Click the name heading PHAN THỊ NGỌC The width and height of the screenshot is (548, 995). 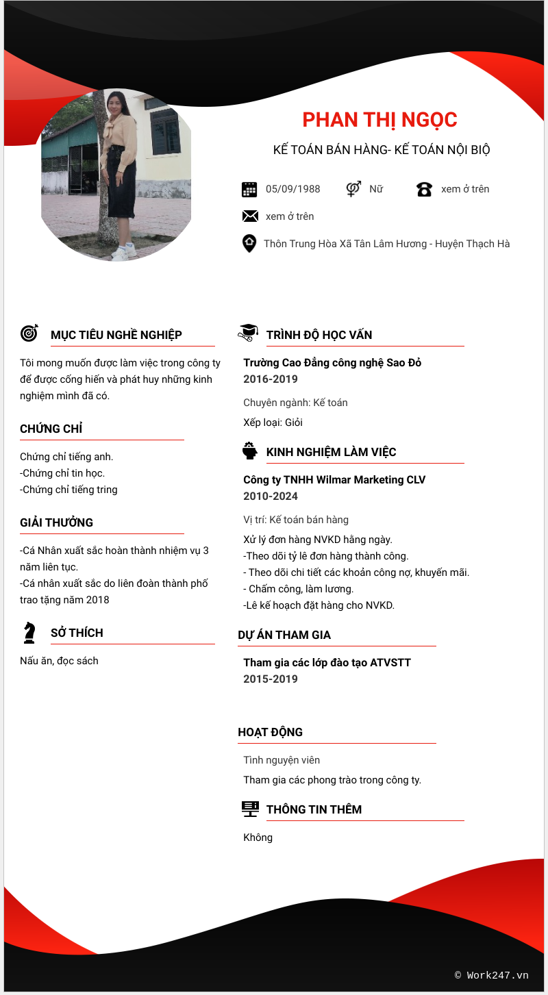pyautogui.click(x=379, y=120)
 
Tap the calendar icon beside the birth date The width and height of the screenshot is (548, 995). pyautogui.click(x=249, y=190)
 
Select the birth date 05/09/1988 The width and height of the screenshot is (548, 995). pyautogui.click(x=292, y=189)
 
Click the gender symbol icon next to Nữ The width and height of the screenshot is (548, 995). pyautogui.click(x=353, y=189)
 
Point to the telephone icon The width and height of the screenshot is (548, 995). pyautogui.click(x=424, y=190)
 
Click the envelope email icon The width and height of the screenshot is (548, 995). pyautogui.click(x=250, y=216)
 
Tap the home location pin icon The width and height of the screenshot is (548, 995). pyautogui.click(x=249, y=243)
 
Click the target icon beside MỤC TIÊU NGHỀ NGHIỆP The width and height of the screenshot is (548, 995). pyautogui.click(x=29, y=333)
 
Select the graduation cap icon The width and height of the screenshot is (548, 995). pyautogui.click(x=248, y=333)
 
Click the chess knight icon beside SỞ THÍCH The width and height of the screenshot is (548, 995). pyautogui.click(x=29, y=632)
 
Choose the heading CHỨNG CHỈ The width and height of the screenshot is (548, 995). pyautogui.click(x=51, y=429)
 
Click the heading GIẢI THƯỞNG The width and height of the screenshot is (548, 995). pyautogui.click(x=56, y=522)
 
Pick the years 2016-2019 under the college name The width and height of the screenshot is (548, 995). pyautogui.click(x=271, y=379)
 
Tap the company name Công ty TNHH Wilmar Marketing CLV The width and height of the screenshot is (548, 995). pyautogui.click(x=334, y=479)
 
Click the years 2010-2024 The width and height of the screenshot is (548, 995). pyautogui.click(x=271, y=496)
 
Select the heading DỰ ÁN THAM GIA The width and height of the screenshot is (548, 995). pyautogui.click(x=284, y=635)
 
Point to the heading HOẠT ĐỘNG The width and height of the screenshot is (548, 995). pyautogui.click(x=270, y=732)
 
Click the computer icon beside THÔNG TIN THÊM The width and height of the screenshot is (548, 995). pyautogui.click(x=250, y=809)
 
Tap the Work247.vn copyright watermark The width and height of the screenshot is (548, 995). pyautogui.click(x=492, y=975)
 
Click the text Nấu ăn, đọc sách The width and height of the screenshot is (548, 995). pyautogui.click(x=59, y=661)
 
